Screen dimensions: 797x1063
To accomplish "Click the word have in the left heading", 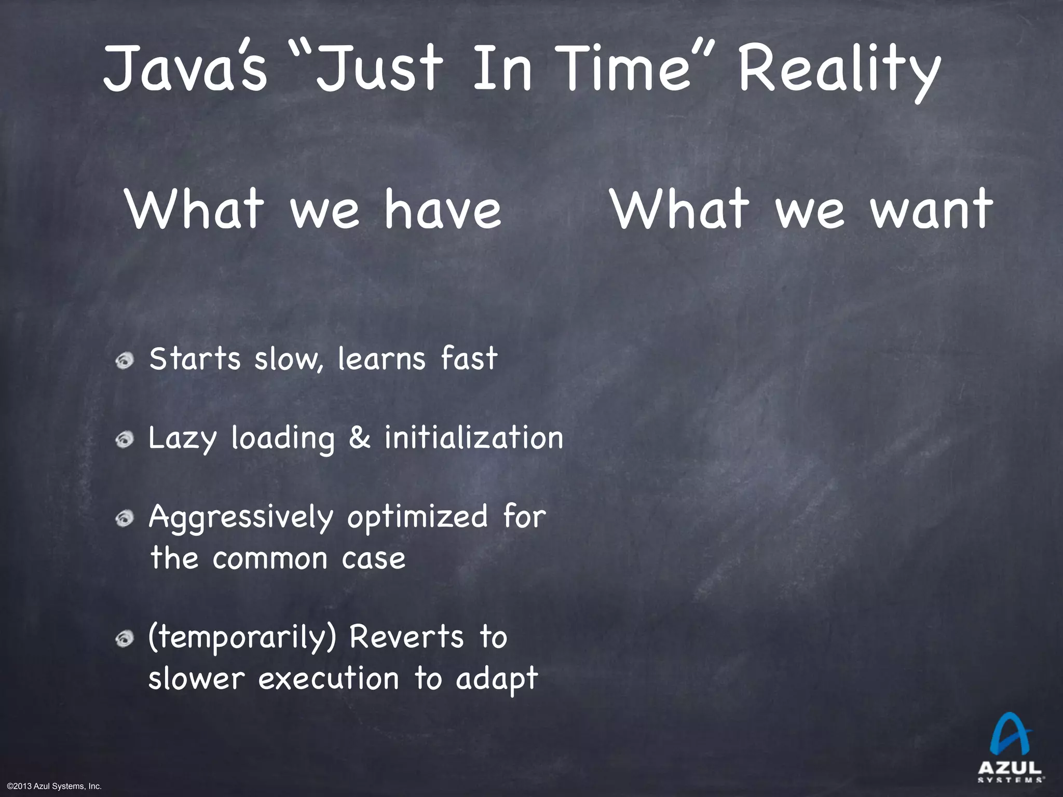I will click(x=443, y=209).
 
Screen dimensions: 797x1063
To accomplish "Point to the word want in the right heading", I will click(x=932, y=209).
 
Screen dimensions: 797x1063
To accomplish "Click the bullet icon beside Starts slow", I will click(x=125, y=360).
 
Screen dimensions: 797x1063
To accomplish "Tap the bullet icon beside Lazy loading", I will click(x=125, y=440).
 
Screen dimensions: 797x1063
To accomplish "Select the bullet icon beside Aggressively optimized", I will click(x=125, y=519).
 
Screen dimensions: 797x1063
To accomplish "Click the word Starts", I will click(x=195, y=359).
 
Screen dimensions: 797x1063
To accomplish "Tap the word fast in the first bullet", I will click(x=469, y=359).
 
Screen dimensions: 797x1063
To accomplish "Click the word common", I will click(x=270, y=559).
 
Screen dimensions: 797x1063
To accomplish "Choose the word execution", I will click(x=329, y=679).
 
